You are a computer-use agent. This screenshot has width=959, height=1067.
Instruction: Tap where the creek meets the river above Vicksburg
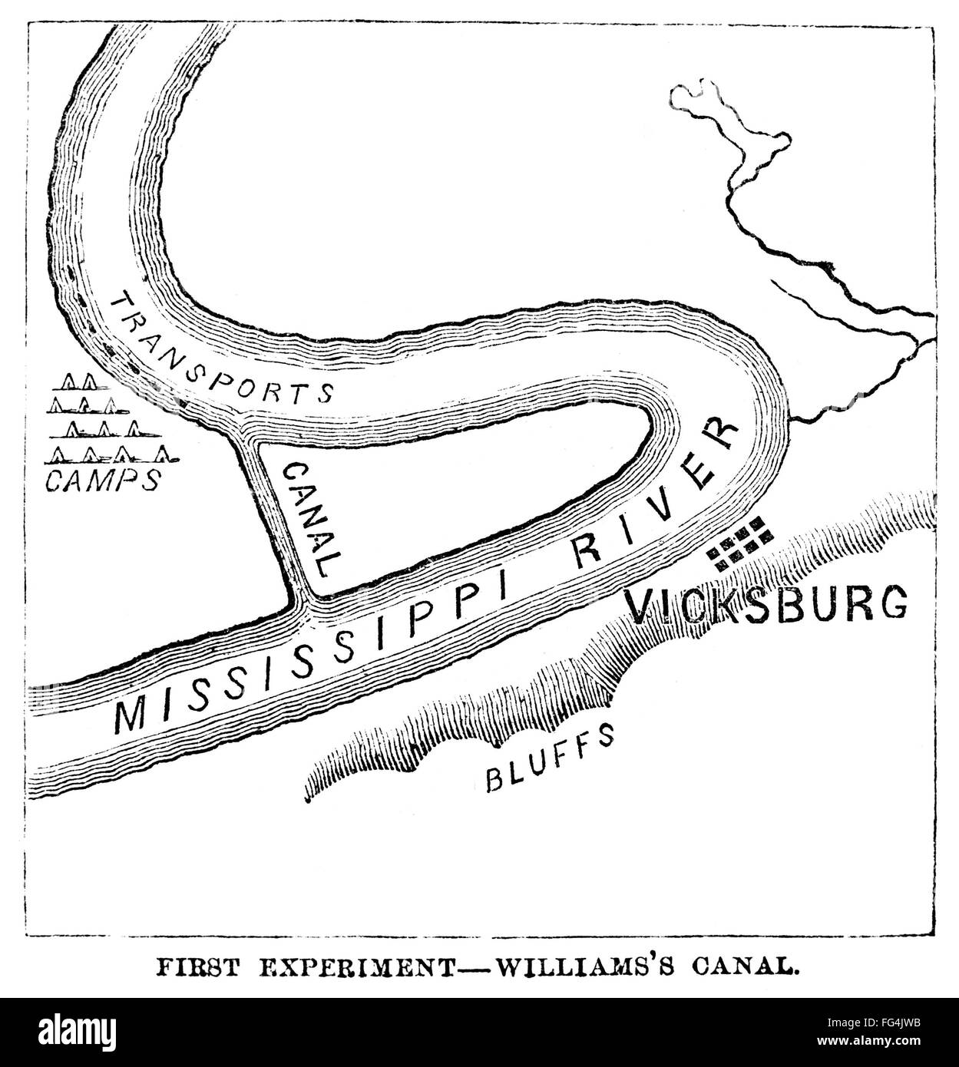tap(791, 419)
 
